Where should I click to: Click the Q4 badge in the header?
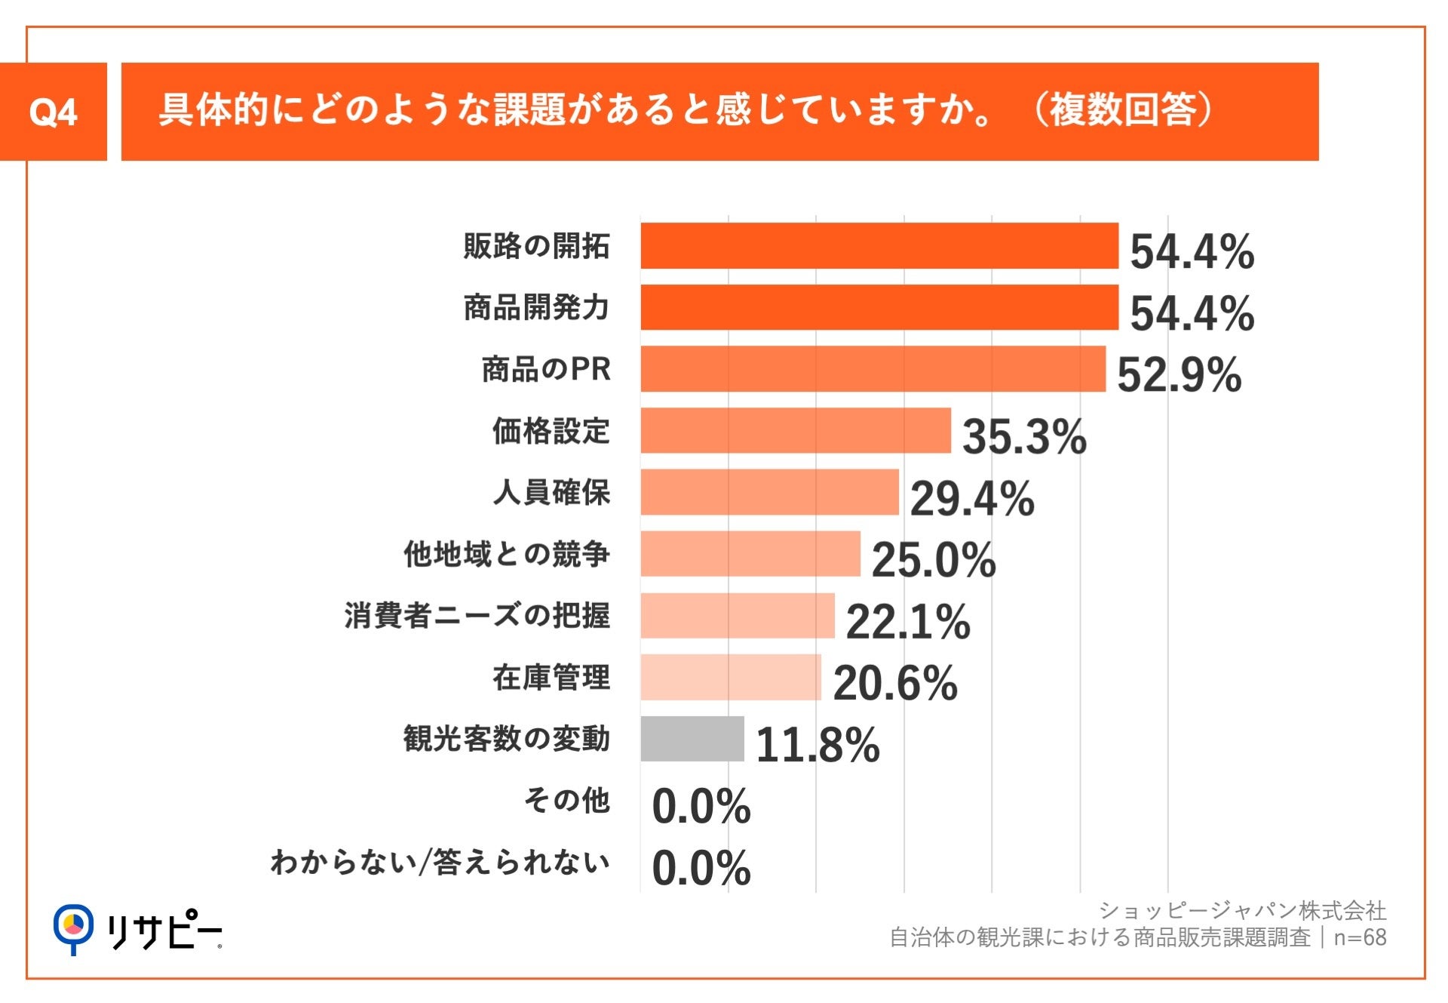53,112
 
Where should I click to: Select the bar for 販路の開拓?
879,246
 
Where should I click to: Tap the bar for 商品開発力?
879,307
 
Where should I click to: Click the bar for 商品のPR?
873,369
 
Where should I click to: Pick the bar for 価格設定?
795,431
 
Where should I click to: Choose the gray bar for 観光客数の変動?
692,739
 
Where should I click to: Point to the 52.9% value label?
1178,374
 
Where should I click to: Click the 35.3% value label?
1023,436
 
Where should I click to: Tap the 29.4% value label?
971,498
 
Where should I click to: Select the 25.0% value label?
933,560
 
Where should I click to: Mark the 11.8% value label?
817,745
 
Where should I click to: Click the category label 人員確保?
551,493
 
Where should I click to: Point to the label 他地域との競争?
506,554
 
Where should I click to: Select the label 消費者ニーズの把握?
477,616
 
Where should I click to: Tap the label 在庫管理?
551,678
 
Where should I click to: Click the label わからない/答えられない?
440,862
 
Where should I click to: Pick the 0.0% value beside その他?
701,806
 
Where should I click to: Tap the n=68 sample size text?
1360,937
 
